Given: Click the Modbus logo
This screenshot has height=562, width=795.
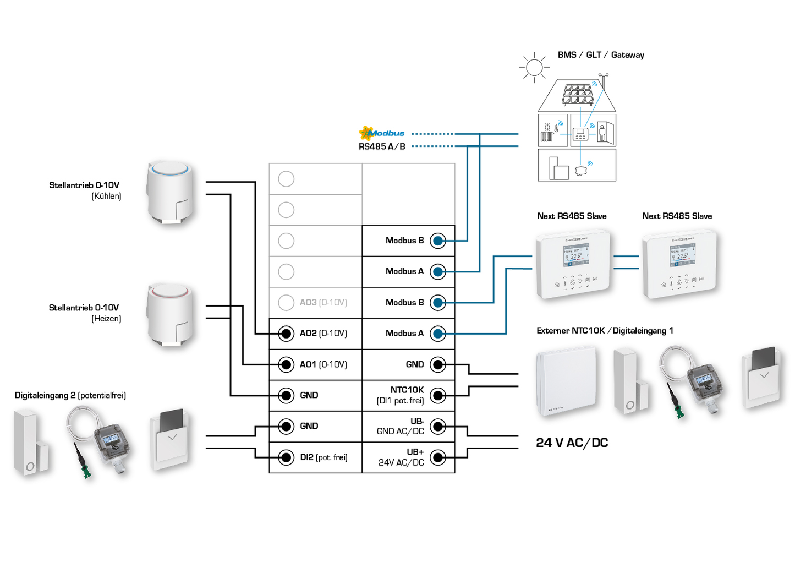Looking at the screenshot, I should (x=381, y=133).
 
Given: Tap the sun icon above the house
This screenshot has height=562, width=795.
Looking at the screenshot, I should (x=534, y=68).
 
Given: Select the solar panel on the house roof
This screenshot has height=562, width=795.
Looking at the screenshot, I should (x=577, y=95).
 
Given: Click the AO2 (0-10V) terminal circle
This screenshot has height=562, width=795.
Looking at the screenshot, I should (x=286, y=334).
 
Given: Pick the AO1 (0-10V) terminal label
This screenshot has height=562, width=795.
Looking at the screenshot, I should (x=323, y=364).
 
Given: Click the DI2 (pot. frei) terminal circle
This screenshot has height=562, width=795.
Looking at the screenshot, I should (x=286, y=457).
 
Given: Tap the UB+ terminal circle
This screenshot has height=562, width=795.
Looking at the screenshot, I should (x=438, y=457).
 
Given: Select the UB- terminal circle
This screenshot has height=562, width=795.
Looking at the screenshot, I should (x=438, y=426).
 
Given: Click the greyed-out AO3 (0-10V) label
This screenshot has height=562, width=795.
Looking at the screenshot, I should (x=323, y=302).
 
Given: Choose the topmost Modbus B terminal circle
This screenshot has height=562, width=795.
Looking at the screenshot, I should (x=438, y=241).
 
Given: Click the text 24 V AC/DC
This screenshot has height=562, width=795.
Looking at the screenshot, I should (x=572, y=443).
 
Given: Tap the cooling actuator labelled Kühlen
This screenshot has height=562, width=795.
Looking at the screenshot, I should (x=171, y=193).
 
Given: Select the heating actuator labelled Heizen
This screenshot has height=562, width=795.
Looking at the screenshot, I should (x=169, y=315).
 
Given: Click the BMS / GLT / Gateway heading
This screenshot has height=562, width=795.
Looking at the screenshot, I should (x=600, y=55).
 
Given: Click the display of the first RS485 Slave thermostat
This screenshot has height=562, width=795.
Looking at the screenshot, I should (x=575, y=255).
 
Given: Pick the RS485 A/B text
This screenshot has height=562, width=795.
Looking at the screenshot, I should (x=382, y=146).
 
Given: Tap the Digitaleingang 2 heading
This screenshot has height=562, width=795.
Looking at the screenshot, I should (x=70, y=395).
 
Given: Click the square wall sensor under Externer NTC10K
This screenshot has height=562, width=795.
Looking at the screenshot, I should (x=566, y=381).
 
